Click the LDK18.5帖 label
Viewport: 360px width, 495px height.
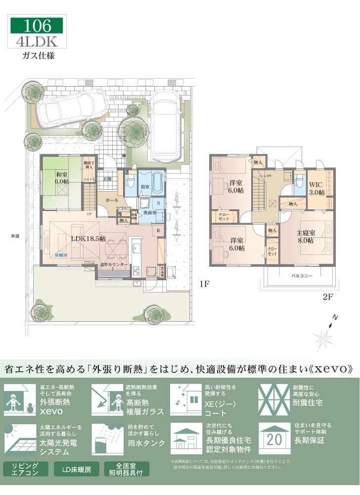tap(89, 238)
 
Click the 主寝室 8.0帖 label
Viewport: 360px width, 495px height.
tap(305, 237)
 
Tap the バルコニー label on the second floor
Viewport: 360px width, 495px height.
tap(301, 276)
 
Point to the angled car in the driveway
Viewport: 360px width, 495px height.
tap(71, 106)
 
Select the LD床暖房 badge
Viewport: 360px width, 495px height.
tap(77, 469)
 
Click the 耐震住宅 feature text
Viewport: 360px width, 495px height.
tap(308, 403)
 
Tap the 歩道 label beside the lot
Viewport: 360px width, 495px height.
tap(15, 236)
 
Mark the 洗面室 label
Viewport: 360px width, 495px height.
tap(150, 212)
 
